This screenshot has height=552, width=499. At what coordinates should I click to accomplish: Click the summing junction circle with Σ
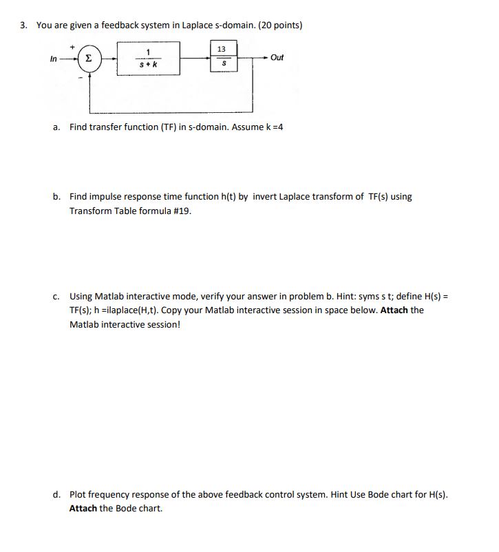[x=87, y=58]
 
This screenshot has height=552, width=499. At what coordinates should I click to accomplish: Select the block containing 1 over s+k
[x=148, y=58]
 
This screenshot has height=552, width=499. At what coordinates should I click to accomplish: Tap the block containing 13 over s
[x=221, y=56]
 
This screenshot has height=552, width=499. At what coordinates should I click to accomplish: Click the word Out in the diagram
[x=277, y=58]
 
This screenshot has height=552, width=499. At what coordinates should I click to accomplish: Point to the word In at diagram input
[x=54, y=58]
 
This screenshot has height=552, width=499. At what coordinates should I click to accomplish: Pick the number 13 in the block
[x=221, y=49]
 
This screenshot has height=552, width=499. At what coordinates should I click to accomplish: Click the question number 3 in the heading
[x=23, y=25]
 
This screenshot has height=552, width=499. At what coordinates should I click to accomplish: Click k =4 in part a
[x=274, y=127]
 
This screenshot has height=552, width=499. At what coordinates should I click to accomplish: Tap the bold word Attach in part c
[x=394, y=310]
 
